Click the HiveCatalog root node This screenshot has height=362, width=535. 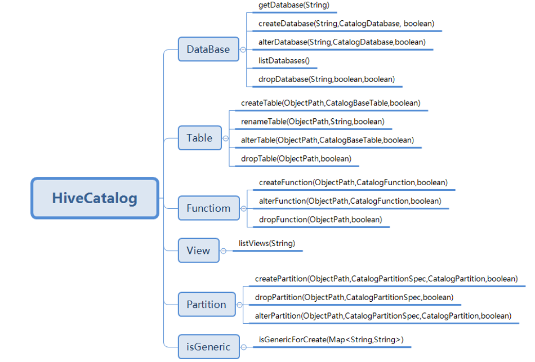(x=95, y=198)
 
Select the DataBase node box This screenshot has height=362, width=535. (x=208, y=50)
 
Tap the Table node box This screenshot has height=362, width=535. (x=199, y=138)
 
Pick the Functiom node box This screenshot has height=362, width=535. (x=208, y=208)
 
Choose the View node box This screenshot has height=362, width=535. (x=198, y=251)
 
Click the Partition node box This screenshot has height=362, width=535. (x=206, y=305)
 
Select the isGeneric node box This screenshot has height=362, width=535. (x=208, y=347)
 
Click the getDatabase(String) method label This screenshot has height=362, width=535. (x=293, y=6)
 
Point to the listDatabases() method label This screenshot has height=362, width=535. (x=284, y=61)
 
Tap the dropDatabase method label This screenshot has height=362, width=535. (x=327, y=79)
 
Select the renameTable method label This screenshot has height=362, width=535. (x=313, y=122)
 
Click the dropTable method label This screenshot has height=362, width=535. (x=296, y=159)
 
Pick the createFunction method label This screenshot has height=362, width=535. (x=353, y=182)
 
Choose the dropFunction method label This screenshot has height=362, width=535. (x=320, y=220)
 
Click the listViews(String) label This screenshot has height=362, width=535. (x=266, y=244)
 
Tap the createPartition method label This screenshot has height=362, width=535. (x=386, y=279)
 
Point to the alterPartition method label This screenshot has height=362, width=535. (x=383, y=316)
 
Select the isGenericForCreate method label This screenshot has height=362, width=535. (x=331, y=339)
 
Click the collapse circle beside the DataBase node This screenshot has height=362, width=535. (x=243, y=50)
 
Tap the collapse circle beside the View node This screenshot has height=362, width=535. (x=224, y=251)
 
